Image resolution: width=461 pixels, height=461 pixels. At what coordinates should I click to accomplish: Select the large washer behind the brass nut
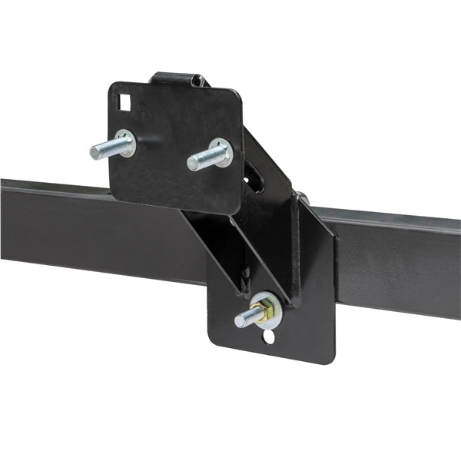point(270,307)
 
